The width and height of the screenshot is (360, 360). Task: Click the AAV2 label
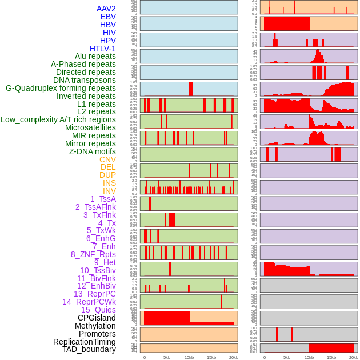106,9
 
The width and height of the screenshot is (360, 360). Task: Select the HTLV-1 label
103,49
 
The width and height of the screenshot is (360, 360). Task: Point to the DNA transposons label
85,80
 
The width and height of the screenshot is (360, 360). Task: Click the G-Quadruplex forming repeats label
61,88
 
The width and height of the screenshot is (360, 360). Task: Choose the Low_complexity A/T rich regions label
58,119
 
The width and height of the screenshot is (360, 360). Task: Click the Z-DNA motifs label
93,151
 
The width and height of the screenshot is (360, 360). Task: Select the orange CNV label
107,159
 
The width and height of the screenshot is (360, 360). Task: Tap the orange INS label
109,183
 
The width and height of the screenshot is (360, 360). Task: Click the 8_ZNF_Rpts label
93,254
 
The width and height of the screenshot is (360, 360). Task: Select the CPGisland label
97,318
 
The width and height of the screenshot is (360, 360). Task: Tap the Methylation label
95,326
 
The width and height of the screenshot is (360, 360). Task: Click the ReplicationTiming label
85,342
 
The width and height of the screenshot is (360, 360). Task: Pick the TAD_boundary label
89,349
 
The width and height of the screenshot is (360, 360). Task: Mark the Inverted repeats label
86,96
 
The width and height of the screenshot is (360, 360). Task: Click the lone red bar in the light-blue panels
190,89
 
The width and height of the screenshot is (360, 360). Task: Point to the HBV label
108,25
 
